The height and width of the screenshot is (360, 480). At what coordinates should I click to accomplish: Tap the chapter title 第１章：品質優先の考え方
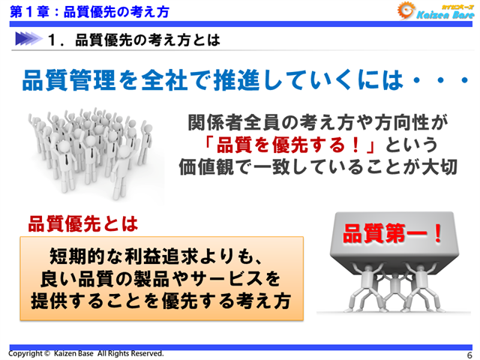coord(89,11)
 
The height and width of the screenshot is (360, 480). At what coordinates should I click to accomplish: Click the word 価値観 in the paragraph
coord(209,166)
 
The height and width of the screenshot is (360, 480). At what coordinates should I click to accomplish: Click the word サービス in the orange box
coord(229,278)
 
